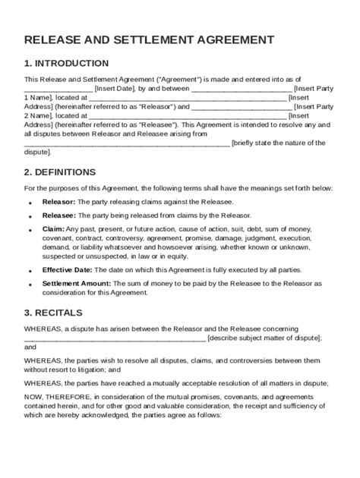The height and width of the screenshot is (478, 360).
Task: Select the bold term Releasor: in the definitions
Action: tap(58, 202)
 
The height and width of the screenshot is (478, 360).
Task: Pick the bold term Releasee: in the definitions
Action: tap(58, 215)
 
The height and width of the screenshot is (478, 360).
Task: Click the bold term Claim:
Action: tap(52, 229)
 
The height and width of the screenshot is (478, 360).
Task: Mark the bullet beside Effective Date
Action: tap(30, 272)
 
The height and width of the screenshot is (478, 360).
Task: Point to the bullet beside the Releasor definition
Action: tap(30, 203)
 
